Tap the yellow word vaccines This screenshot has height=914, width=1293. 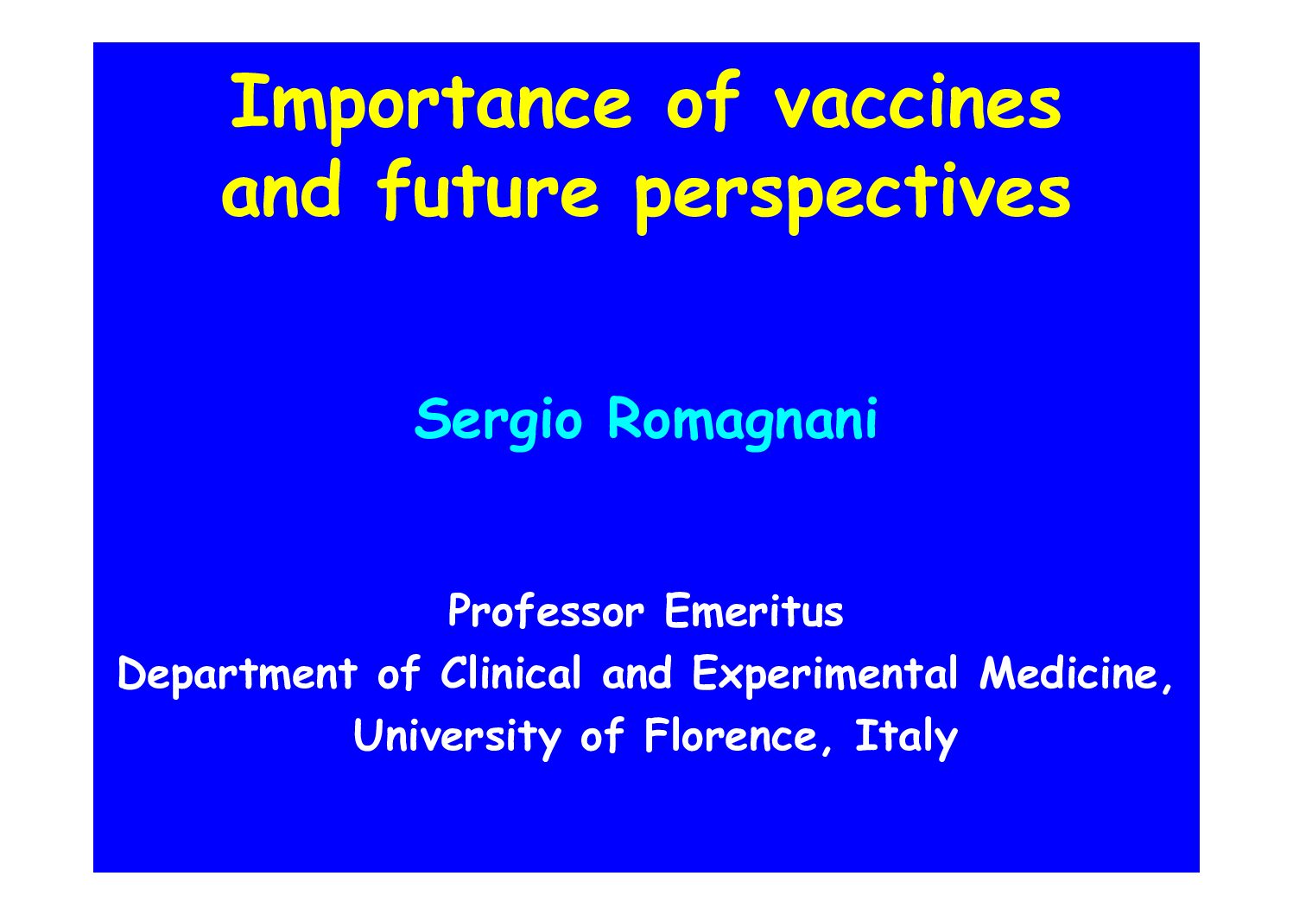tap(917, 102)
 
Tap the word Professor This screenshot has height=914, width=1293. tap(546, 611)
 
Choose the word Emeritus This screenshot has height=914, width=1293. tap(754, 611)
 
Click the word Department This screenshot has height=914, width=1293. tap(238, 675)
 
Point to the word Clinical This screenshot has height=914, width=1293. tap(510, 673)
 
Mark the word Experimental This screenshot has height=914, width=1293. tap(824, 675)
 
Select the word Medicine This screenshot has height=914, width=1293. tap(1076, 673)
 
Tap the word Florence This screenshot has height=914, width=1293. tap(730, 736)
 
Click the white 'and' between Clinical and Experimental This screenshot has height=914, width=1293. tap(637, 673)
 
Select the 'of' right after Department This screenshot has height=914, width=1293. tap(398, 673)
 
